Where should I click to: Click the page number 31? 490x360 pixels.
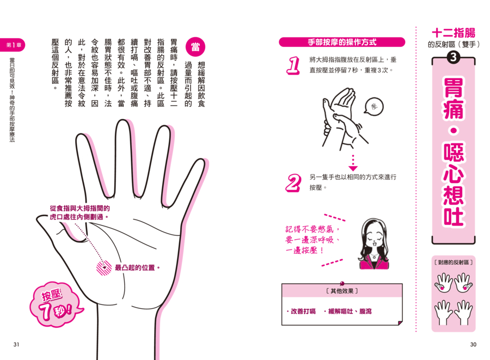coord(16,344)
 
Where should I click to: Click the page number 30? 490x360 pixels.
coord(473,344)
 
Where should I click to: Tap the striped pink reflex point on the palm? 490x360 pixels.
coord(104,268)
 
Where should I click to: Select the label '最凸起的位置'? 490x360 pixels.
coord(135,268)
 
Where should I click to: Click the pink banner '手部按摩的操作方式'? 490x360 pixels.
coord(342,42)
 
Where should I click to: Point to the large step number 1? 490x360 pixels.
coord(293,65)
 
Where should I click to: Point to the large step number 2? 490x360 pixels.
coord(293,183)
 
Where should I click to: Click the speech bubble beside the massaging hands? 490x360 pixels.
coord(373,107)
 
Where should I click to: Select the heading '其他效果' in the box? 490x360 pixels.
coord(342,291)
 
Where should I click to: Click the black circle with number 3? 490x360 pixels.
coord(454,57)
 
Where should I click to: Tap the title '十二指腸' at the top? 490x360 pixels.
coord(454,33)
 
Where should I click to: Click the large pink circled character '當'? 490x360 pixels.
coord(195,47)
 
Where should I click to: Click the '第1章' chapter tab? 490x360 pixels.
coord(13,45)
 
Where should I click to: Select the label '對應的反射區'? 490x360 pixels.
coord(454,263)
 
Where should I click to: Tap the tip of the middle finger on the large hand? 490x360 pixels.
coord(124,120)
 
